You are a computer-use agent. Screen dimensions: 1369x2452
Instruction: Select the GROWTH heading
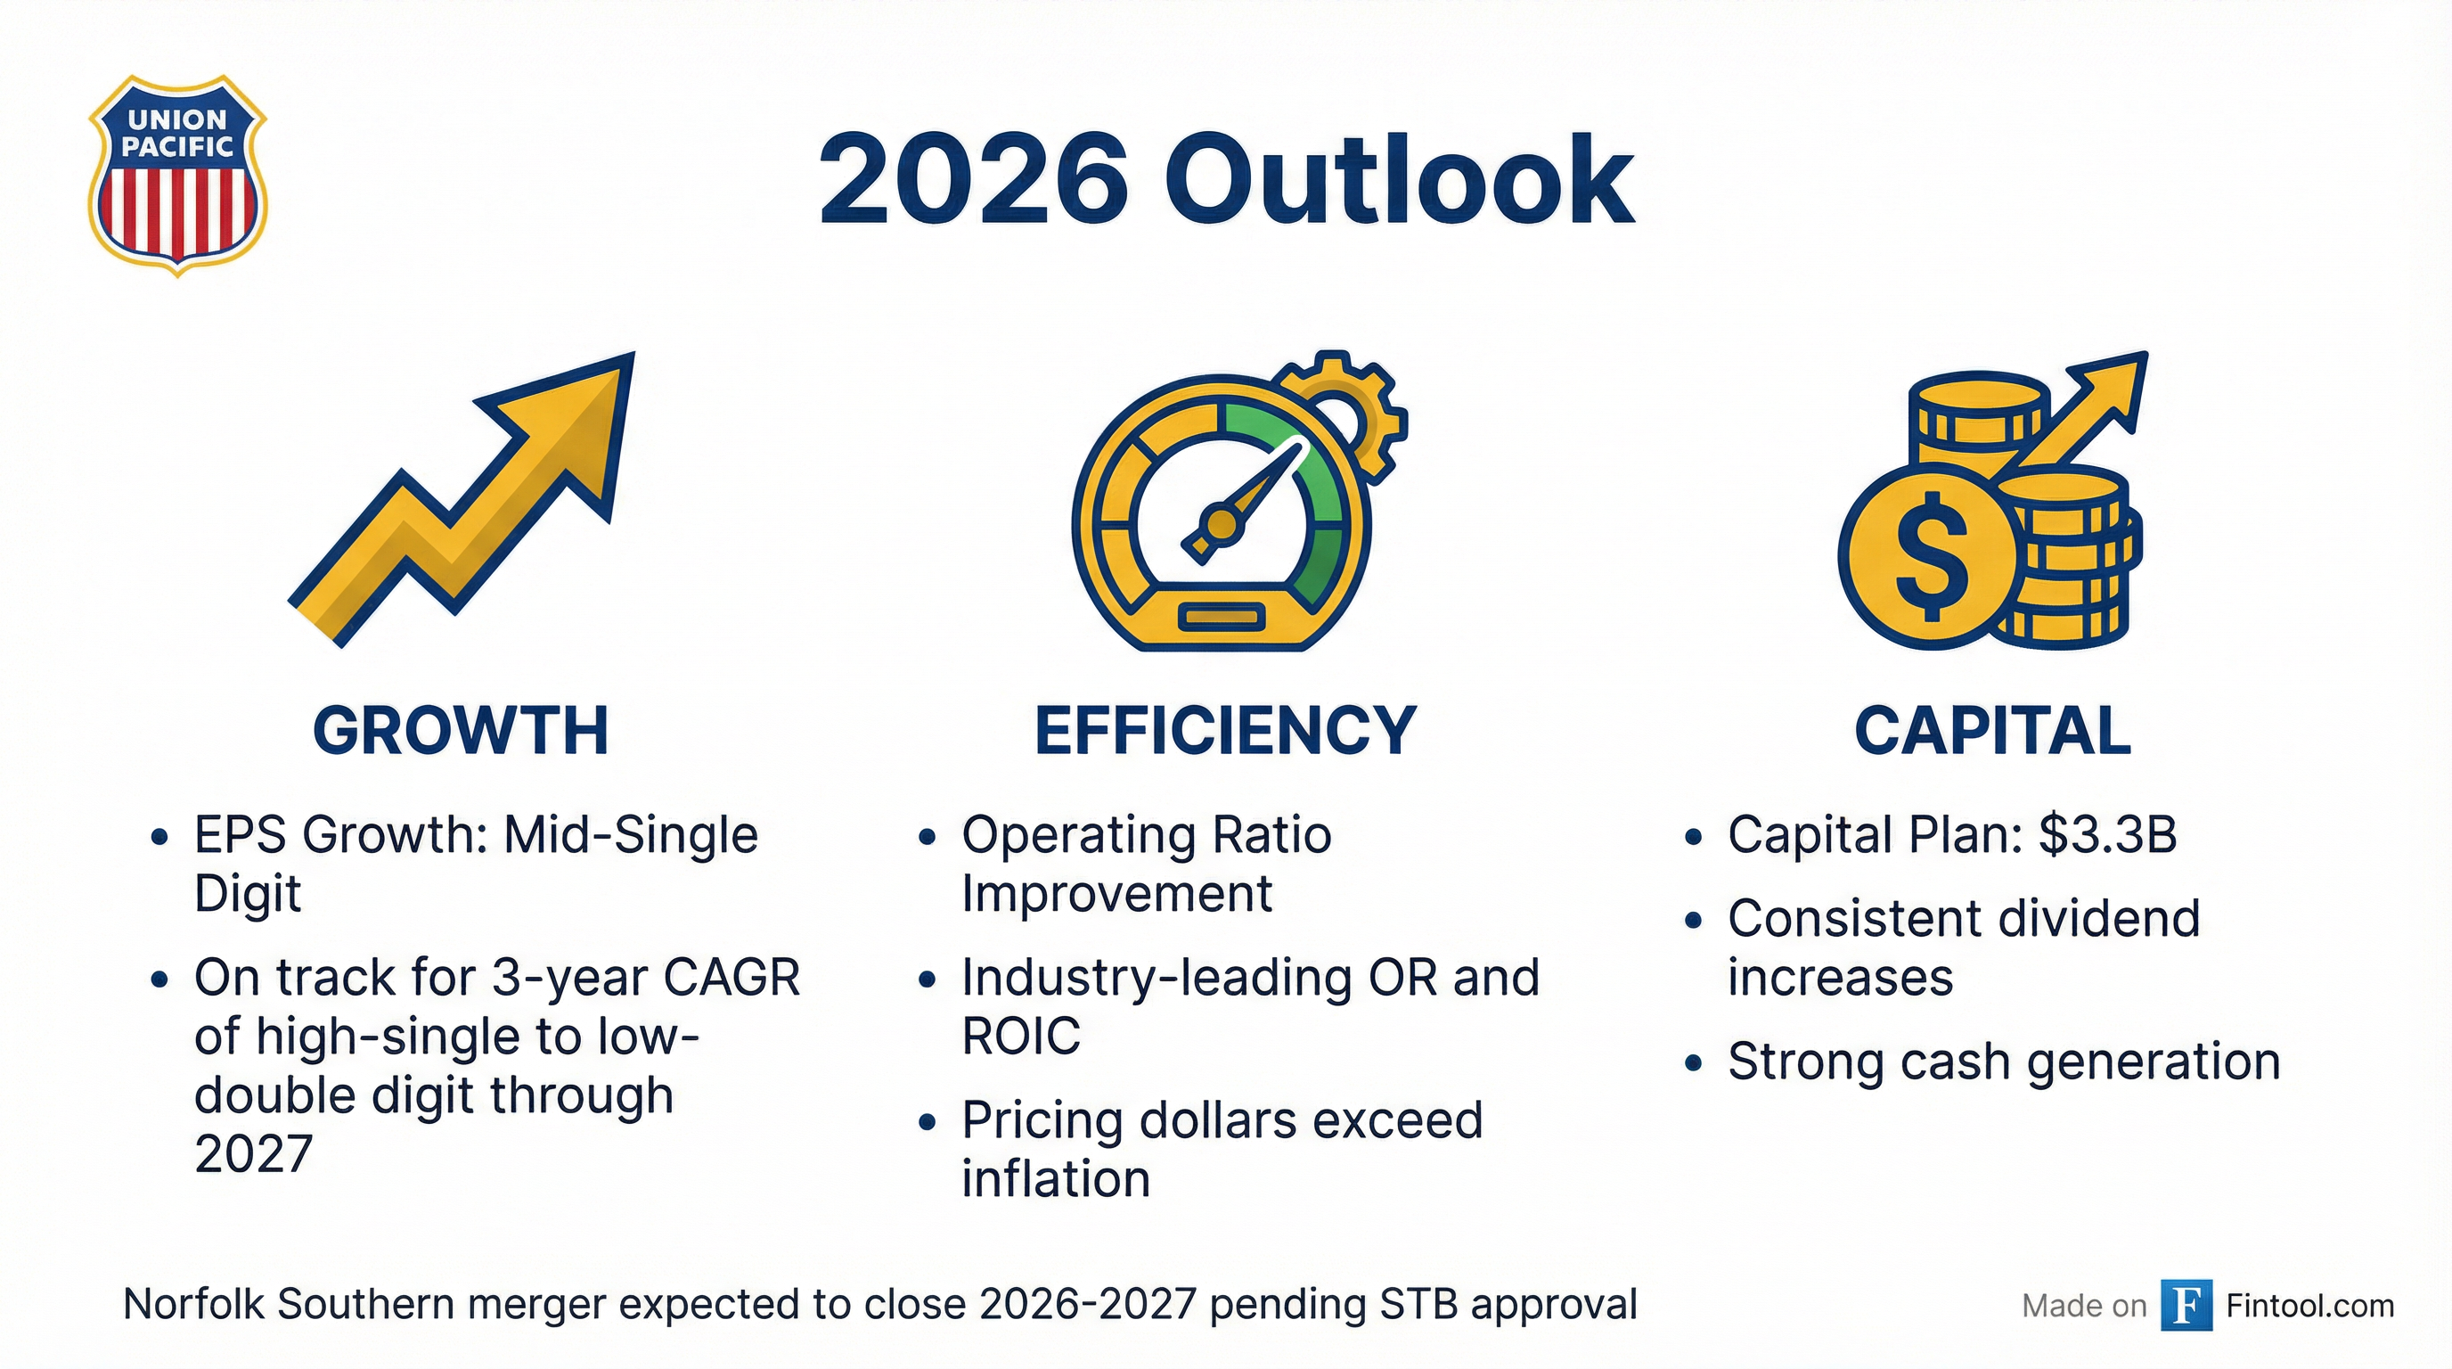click(461, 731)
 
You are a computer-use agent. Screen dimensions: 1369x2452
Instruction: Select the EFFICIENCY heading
click(1226, 731)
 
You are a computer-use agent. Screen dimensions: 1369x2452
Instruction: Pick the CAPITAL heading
click(1992, 731)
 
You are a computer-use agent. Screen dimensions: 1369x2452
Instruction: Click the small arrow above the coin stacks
click(2094, 409)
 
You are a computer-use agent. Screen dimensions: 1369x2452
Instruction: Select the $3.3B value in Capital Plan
click(2107, 835)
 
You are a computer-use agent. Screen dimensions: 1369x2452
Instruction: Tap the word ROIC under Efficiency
click(1020, 1036)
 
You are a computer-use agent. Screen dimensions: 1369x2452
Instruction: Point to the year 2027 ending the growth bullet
click(253, 1154)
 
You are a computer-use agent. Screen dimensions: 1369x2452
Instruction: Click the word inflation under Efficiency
click(1056, 1178)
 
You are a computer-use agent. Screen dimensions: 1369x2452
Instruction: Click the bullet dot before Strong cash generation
click(1692, 1063)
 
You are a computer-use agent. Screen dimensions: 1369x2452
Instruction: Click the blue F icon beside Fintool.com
click(2186, 1304)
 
